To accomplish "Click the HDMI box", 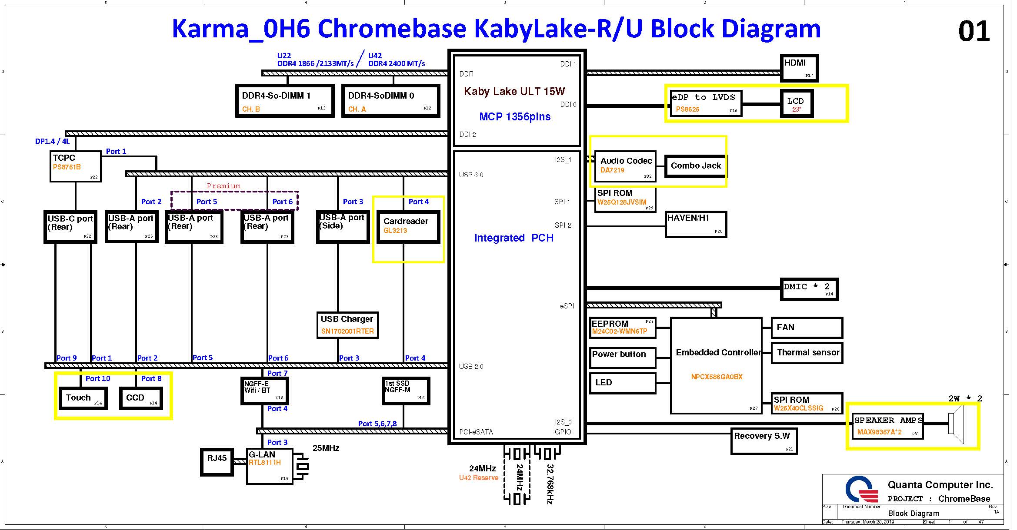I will click(x=799, y=68).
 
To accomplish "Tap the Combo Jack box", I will click(x=695, y=166).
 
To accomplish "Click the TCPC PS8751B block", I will click(x=75, y=166).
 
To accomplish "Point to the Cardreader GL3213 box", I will click(x=408, y=226).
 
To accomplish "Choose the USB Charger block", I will click(x=347, y=325).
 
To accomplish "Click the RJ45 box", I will click(x=217, y=462).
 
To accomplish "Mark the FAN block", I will click(x=807, y=328).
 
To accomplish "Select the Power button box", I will click(x=622, y=358).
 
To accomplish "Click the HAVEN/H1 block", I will click(x=696, y=224).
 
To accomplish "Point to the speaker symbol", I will click(x=957, y=424).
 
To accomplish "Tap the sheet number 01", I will click(x=974, y=31).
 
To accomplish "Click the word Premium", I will click(x=223, y=186).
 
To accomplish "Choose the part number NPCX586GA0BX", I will click(x=717, y=377).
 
